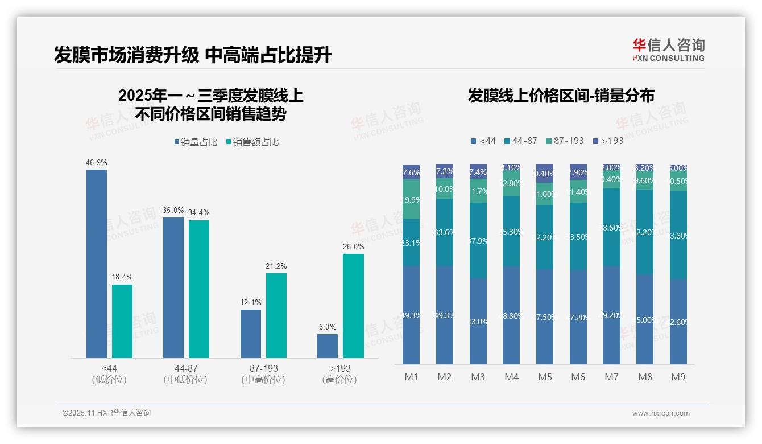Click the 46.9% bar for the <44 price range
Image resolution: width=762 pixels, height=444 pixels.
(x=97, y=264)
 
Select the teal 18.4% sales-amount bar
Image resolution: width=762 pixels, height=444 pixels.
(x=122, y=321)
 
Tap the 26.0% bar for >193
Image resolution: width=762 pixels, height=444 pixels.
(x=353, y=306)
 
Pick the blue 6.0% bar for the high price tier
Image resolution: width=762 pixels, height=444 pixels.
(x=328, y=346)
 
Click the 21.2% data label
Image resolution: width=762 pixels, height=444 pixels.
(x=276, y=266)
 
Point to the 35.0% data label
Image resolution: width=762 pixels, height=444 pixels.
(x=173, y=210)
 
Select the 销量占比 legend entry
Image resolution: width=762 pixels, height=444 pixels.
(x=196, y=142)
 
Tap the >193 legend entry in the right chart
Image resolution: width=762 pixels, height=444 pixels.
(x=608, y=141)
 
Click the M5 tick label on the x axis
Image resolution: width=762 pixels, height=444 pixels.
(x=545, y=377)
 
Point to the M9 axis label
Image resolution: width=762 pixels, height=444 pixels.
(x=678, y=377)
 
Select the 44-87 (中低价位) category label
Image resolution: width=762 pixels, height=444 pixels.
(x=185, y=374)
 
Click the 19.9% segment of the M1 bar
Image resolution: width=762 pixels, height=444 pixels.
(x=411, y=199)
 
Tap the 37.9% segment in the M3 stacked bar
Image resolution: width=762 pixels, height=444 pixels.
(x=478, y=240)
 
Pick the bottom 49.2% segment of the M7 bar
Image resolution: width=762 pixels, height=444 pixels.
(x=612, y=315)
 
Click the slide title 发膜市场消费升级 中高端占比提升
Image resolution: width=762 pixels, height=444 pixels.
(x=193, y=55)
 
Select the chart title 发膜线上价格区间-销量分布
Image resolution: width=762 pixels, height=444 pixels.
(x=561, y=96)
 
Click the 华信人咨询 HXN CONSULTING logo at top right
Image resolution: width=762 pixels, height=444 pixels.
(x=668, y=50)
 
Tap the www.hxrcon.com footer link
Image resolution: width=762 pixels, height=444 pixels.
(x=660, y=413)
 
